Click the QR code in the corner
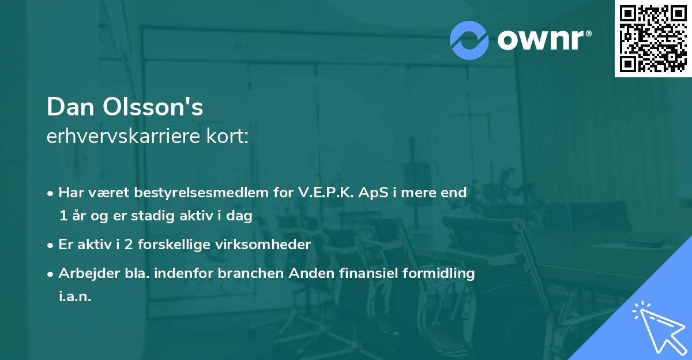point(653,39)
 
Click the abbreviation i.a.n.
point(75,297)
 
